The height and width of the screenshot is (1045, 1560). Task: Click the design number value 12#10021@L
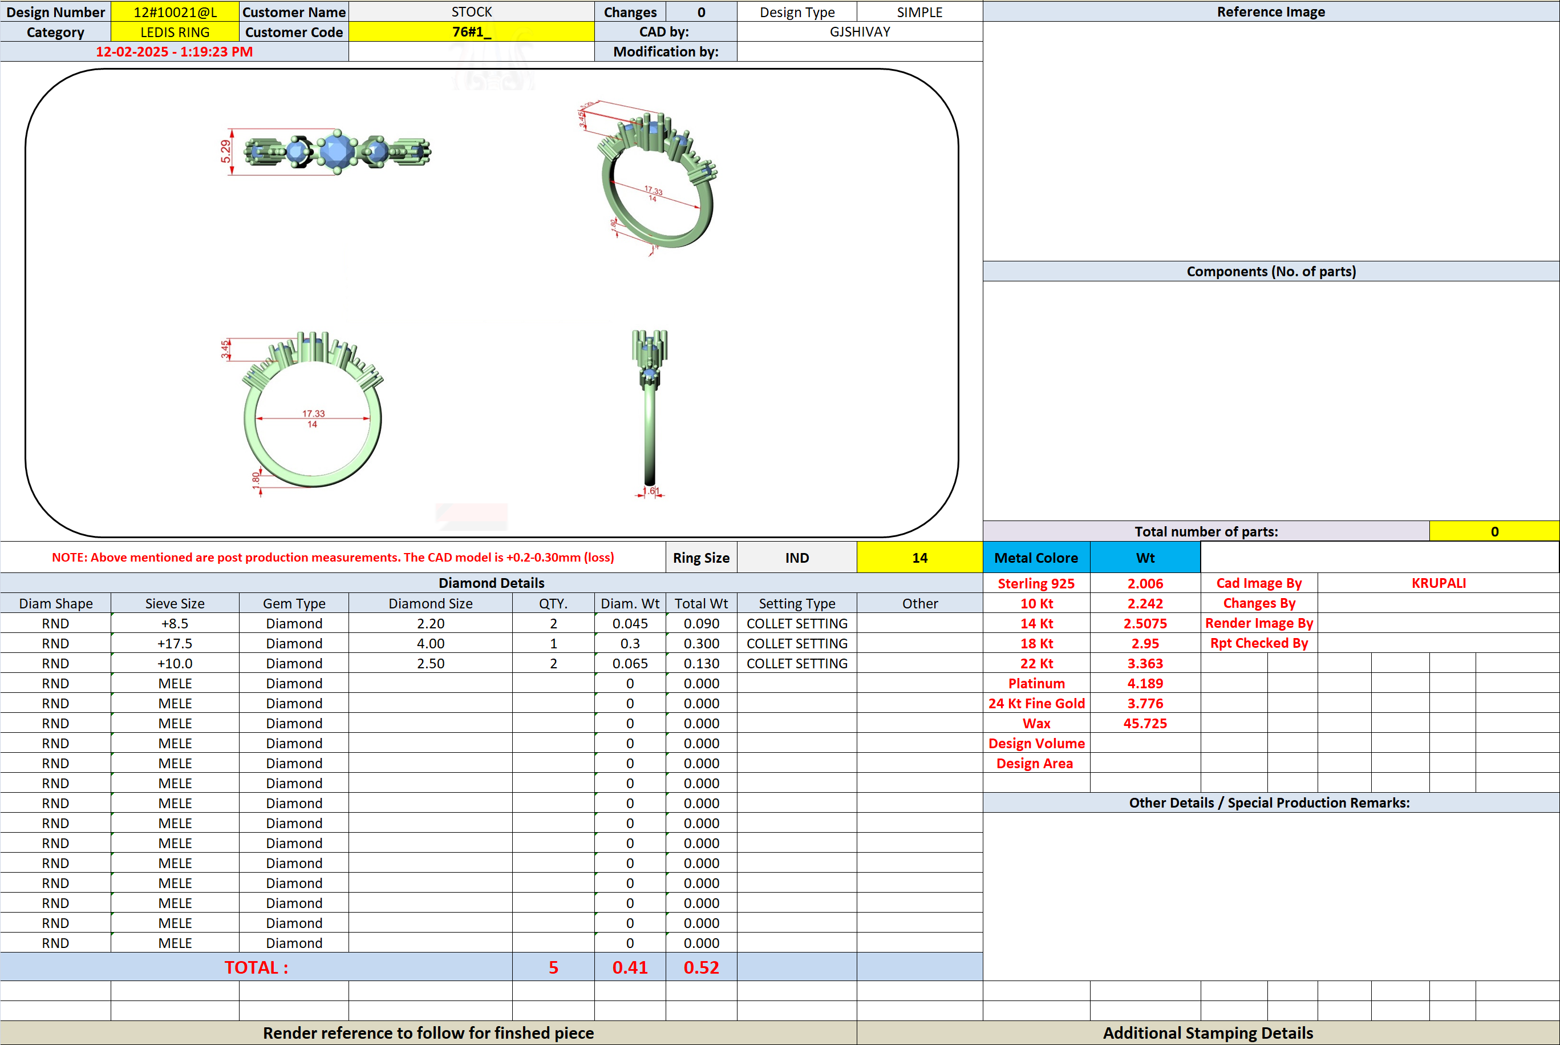[x=175, y=12]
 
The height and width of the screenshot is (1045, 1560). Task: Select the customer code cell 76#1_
[x=471, y=32]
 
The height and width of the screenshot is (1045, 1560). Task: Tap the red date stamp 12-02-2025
[x=132, y=52]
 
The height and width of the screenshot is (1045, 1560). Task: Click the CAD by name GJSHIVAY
[x=859, y=32]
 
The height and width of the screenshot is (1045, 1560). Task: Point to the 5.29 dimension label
[x=226, y=151]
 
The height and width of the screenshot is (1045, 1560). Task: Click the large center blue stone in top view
[x=338, y=151]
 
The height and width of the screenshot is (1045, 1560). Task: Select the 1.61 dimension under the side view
[x=650, y=491]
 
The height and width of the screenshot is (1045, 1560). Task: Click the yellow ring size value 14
[x=919, y=558]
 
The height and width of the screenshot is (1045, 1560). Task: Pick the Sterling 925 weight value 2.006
[x=1145, y=584]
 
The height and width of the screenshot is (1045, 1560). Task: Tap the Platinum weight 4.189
[x=1145, y=684]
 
